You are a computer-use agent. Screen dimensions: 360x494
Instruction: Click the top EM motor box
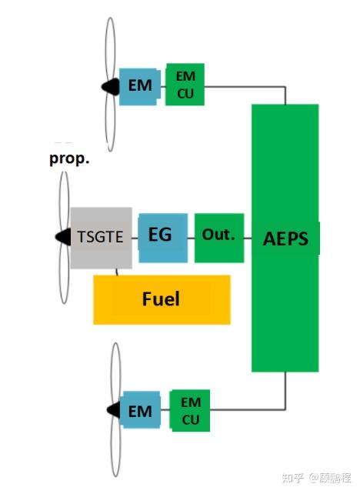pyautogui.click(x=140, y=87)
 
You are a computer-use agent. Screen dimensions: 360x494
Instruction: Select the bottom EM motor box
pyautogui.click(x=140, y=410)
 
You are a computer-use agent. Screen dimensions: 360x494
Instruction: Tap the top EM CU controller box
pyautogui.click(x=185, y=85)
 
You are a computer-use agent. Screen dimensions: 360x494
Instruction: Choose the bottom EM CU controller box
pyautogui.click(x=190, y=411)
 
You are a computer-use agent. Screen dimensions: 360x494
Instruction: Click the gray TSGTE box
pyautogui.click(x=101, y=238)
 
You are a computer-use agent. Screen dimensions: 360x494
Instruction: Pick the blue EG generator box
pyautogui.click(x=163, y=238)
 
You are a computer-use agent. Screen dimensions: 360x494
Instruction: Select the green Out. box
pyautogui.click(x=219, y=238)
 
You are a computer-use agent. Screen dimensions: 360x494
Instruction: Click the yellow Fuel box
pyautogui.click(x=162, y=299)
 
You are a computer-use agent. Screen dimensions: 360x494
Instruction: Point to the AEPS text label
pyautogui.click(x=285, y=239)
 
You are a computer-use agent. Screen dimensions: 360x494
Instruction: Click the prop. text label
pyautogui.click(x=69, y=159)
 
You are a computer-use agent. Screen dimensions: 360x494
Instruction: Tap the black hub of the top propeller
pyautogui.click(x=111, y=86)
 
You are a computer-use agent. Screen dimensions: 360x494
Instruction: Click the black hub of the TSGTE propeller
pyautogui.click(x=63, y=237)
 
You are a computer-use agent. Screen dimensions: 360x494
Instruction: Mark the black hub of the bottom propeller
pyautogui.click(x=113, y=410)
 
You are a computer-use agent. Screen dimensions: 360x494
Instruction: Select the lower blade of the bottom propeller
pyautogui.click(x=115, y=447)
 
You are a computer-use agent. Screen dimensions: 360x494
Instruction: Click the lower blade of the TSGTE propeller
pyautogui.click(x=65, y=274)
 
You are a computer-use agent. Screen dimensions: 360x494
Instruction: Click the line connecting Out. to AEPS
pyautogui.click(x=248, y=239)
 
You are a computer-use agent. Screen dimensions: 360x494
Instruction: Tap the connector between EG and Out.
pyautogui.click(x=192, y=239)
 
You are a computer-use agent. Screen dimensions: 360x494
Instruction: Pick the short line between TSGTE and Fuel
pyautogui.click(x=117, y=272)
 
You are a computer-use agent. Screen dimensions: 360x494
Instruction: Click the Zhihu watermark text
pyautogui.click(x=316, y=478)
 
